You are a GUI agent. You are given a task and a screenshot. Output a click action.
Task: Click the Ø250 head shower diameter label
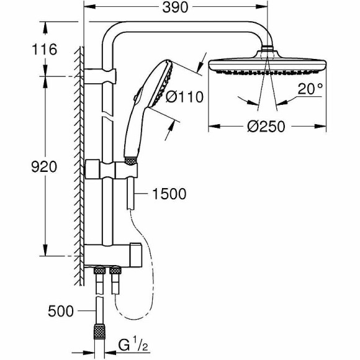[266, 126]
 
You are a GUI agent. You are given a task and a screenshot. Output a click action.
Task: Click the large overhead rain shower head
[266, 65]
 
